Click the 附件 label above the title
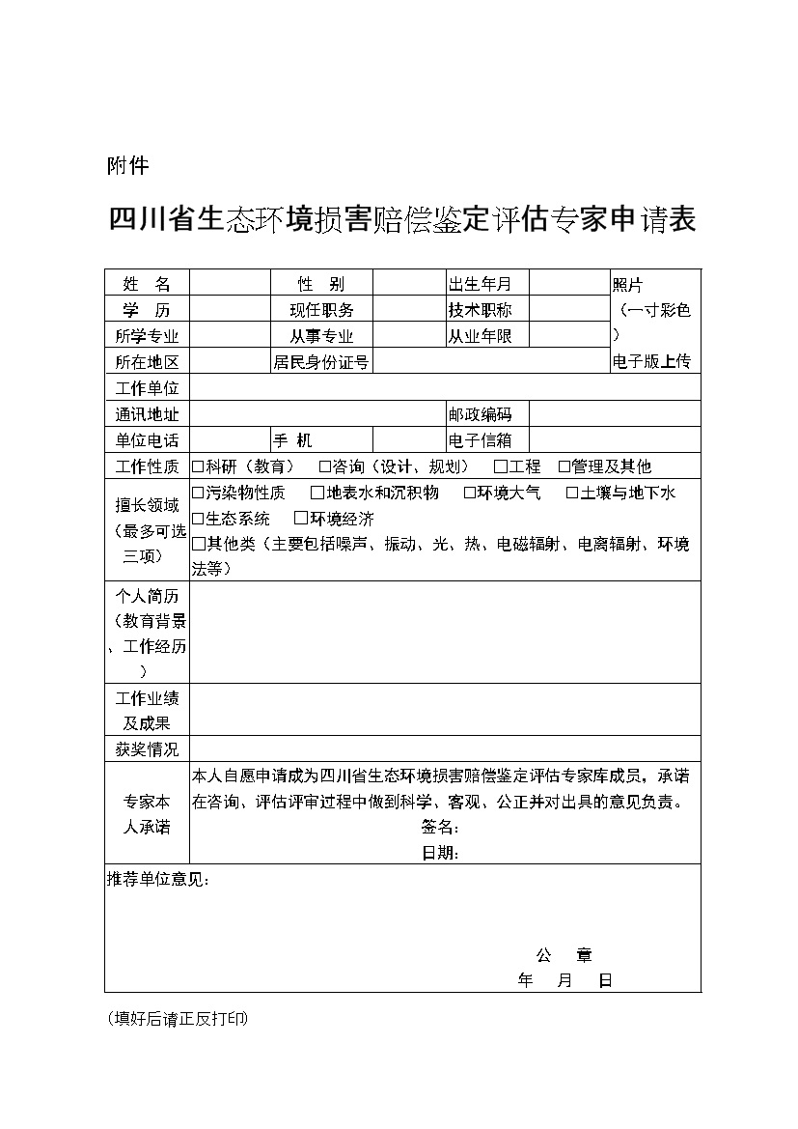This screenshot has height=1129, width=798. point(126,166)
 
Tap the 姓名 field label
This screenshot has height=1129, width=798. point(147,284)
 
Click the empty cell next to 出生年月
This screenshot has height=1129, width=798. point(568,283)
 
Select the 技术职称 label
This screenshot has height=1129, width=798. point(479,310)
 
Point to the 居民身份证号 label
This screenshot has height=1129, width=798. point(321,362)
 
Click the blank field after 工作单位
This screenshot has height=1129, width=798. point(444,388)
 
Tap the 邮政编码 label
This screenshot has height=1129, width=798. point(479,414)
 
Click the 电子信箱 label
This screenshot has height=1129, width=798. point(479,440)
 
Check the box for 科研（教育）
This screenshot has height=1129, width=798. point(198,466)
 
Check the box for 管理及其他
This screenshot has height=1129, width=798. point(564,466)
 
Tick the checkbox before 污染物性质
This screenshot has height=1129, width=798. point(198,493)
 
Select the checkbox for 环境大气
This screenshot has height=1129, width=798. point(470,493)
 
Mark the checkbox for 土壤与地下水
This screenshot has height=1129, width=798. point(572,493)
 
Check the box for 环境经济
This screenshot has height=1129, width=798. point(301,519)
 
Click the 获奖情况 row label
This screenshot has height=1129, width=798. point(147,749)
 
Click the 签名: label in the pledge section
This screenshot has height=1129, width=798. point(439,828)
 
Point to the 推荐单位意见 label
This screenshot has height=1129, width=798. point(156,879)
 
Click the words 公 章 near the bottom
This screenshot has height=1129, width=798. point(564,955)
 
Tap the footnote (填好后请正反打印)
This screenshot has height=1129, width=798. point(178,1018)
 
